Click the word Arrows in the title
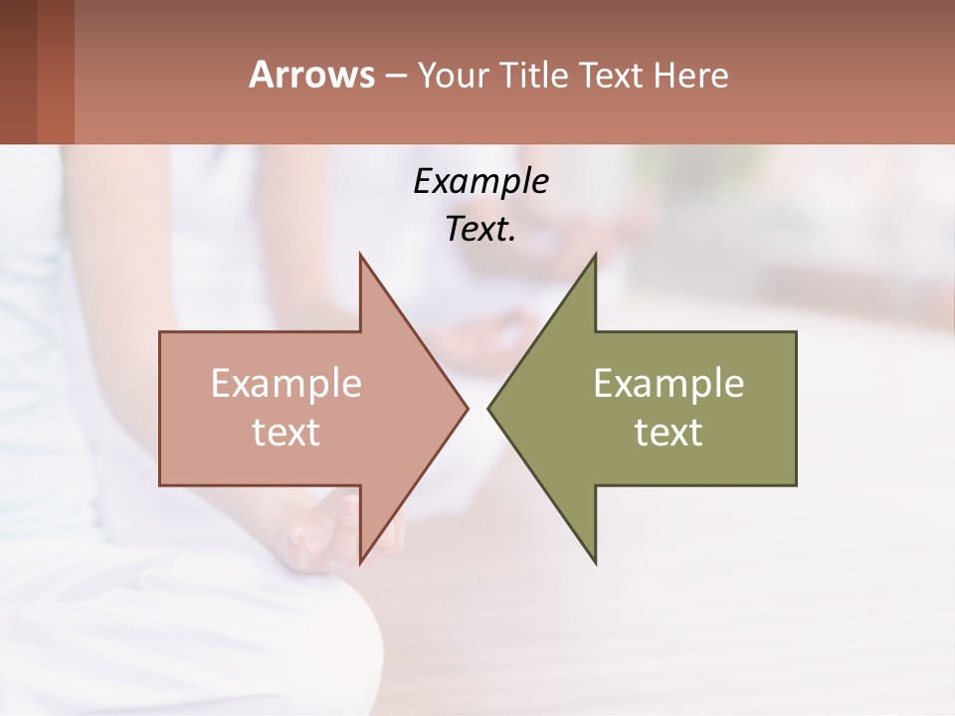coord(311,75)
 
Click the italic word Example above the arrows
coord(481,181)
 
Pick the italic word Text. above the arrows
coord(481,230)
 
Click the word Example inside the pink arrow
coord(286,383)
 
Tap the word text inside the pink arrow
coord(286,433)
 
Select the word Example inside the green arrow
coord(668,383)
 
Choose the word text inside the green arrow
coord(668,433)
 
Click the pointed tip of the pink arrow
coord(467,408)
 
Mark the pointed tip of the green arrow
coord(488,408)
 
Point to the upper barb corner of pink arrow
coord(360,255)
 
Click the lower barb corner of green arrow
coord(595,563)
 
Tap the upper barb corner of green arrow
coord(595,255)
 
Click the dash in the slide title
coord(396,76)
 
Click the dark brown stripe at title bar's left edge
coord(18,72)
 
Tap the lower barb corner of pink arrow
coord(360,563)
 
